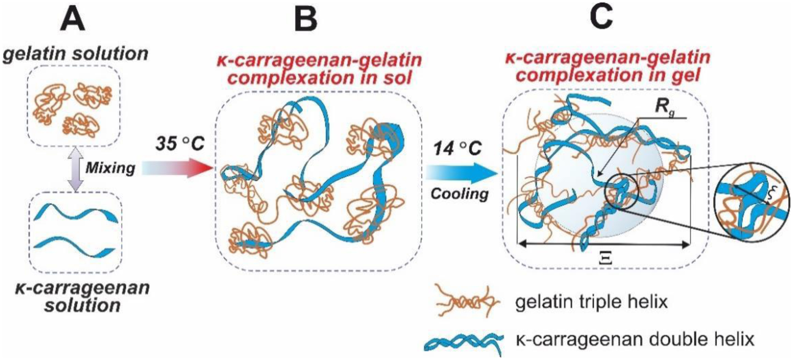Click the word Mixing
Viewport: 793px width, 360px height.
pos(110,168)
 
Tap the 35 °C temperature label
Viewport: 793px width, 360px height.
pos(180,144)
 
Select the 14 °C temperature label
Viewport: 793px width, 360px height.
pos(457,149)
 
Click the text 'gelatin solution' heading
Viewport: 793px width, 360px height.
pos(76,54)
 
